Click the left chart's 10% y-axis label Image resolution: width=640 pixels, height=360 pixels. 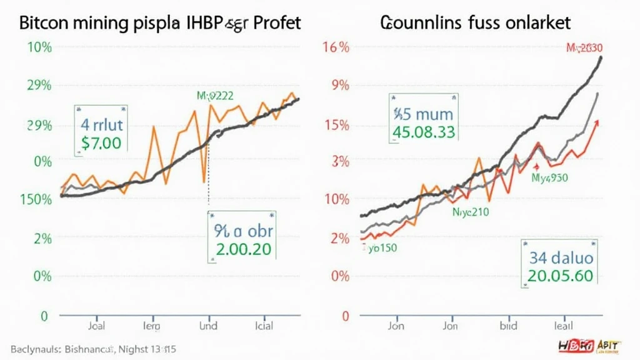pyautogui.click(x=39, y=47)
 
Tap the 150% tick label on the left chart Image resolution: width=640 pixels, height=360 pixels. pyautogui.click(x=36, y=199)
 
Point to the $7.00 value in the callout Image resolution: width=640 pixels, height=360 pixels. pyautogui.click(x=101, y=142)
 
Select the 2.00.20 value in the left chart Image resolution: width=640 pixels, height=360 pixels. pyautogui.click(x=243, y=249)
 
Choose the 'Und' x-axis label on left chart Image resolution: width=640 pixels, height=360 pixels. pyautogui.click(x=208, y=326)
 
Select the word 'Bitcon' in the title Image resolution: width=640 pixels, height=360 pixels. pyautogui.click(x=46, y=23)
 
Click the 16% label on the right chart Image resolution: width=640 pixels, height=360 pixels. pyautogui.click(x=336, y=47)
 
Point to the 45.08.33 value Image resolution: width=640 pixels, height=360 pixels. pyautogui.click(x=424, y=132)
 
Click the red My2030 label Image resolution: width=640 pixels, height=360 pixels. pyautogui.click(x=584, y=47)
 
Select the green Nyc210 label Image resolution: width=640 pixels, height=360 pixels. pyautogui.click(x=471, y=212)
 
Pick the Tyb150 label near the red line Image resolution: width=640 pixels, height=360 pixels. pyautogui.click(x=379, y=247)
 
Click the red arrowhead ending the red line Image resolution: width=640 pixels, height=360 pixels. pyautogui.click(x=597, y=123)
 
